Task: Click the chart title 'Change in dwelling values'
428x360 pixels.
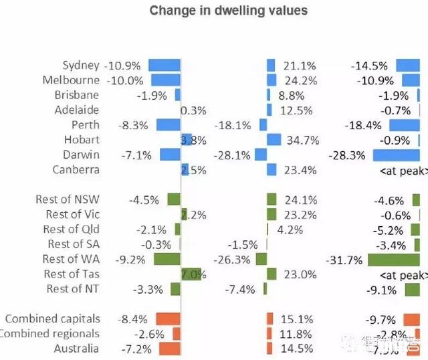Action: (x=228, y=11)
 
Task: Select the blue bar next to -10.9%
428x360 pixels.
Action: (x=165, y=66)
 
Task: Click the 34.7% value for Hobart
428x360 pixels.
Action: (x=301, y=140)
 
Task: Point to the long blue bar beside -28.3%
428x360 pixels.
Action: (x=400, y=155)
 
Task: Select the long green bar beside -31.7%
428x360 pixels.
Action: (x=397, y=259)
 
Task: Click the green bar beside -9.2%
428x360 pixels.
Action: (x=167, y=259)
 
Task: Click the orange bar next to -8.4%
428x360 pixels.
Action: (x=169, y=319)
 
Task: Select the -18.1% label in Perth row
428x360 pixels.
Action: (x=233, y=125)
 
